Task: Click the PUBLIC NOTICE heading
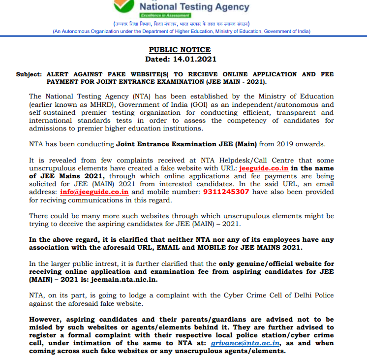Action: click(180, 50)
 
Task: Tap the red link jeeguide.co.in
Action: click(263, 168)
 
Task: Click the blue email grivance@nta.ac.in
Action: click(245, 343)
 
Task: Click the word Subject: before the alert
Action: click(29, 74)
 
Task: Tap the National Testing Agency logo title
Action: click(194, 7)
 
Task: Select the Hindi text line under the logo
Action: click(182, 24)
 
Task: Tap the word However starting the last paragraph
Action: click(47, 319)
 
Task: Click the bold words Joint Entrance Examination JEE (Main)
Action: click(186, 144)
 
